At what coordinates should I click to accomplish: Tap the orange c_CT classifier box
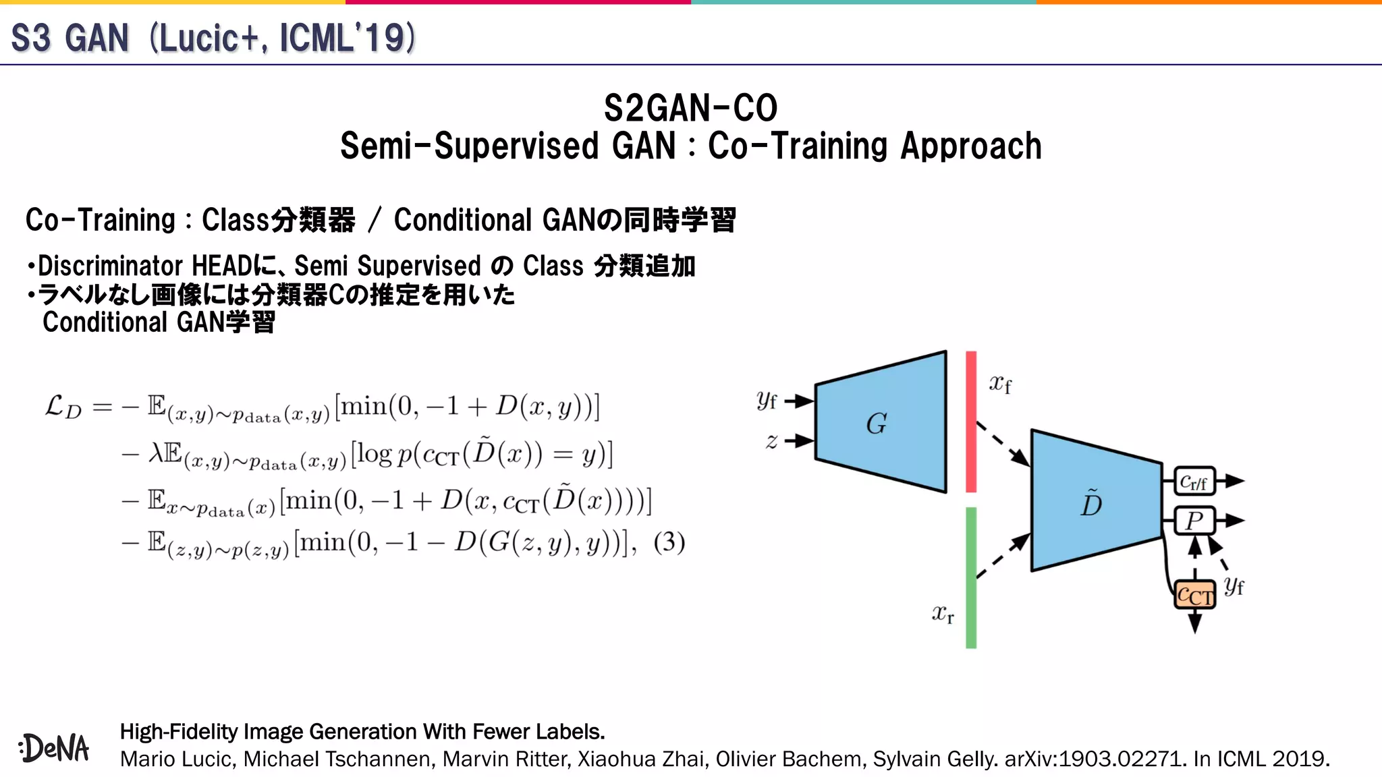point(1194,595)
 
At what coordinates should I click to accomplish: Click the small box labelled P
point(1194,521)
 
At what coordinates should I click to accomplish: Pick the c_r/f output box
point(1194,482)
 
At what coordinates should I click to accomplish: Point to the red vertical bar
point(971,422)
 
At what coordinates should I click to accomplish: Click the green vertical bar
point(971,577)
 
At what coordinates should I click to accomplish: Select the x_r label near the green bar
point(943,614)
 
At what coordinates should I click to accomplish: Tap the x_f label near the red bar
point(1000,384)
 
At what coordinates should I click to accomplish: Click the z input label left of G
point(771,441)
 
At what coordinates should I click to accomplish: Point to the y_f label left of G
point(767,401)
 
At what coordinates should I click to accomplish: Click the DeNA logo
point(54,748)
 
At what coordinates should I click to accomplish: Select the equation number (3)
point(669,542)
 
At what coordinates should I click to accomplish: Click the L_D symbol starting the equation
point(63,407)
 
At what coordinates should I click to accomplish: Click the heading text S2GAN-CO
point(690,108)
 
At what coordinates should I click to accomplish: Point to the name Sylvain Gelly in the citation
point(935,759)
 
